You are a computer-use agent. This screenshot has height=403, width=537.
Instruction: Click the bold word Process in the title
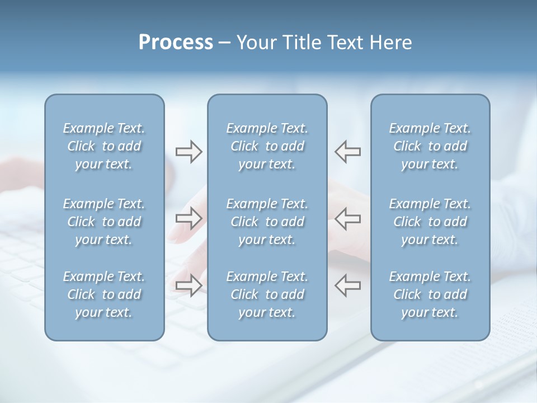click(176, 43)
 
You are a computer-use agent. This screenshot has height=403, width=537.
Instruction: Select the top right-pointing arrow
click(189, 152)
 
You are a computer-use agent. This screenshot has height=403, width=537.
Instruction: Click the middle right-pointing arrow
click(189, 218)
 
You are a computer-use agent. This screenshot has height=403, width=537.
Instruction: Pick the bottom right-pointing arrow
click(189, 285)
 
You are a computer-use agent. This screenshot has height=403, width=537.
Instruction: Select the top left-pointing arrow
click(347, 152)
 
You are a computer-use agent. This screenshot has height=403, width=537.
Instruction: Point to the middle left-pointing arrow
click(347, 218)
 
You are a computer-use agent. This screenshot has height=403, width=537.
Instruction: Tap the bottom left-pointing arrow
click(347, 285)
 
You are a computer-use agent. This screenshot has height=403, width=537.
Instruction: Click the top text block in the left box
click(104, 146)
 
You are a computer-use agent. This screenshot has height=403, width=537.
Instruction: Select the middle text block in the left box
click(104, 222)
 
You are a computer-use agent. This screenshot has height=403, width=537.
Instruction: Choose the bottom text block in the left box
click(104, 294)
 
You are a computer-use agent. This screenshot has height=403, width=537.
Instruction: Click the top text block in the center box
click(267, 146)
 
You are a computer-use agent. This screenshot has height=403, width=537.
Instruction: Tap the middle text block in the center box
click(267, 222)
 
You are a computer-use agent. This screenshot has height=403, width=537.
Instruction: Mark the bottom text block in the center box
click(267, 294)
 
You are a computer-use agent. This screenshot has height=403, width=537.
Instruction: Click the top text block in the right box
click(430, 146)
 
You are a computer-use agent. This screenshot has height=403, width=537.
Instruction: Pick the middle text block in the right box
click(430, 222)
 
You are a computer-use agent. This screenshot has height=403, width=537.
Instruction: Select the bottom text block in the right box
click(430, 294)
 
